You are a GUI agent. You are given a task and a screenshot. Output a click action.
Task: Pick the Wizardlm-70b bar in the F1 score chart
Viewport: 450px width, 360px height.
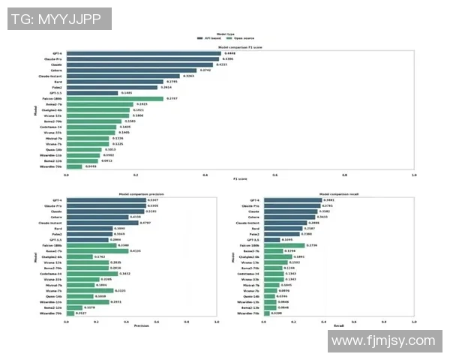tap(75, 166)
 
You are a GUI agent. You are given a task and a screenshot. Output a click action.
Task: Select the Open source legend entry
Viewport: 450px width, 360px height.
tap(244, 37)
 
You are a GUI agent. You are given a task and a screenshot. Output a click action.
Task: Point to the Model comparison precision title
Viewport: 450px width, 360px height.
tap(141, 194)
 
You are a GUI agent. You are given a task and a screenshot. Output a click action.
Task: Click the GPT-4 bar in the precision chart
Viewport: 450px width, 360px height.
tap(106, 200)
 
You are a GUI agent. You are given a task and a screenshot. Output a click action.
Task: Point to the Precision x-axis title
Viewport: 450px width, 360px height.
tap(141, 325)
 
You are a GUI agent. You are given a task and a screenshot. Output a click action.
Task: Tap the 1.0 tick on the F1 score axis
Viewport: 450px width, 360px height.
tap(413, 175)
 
